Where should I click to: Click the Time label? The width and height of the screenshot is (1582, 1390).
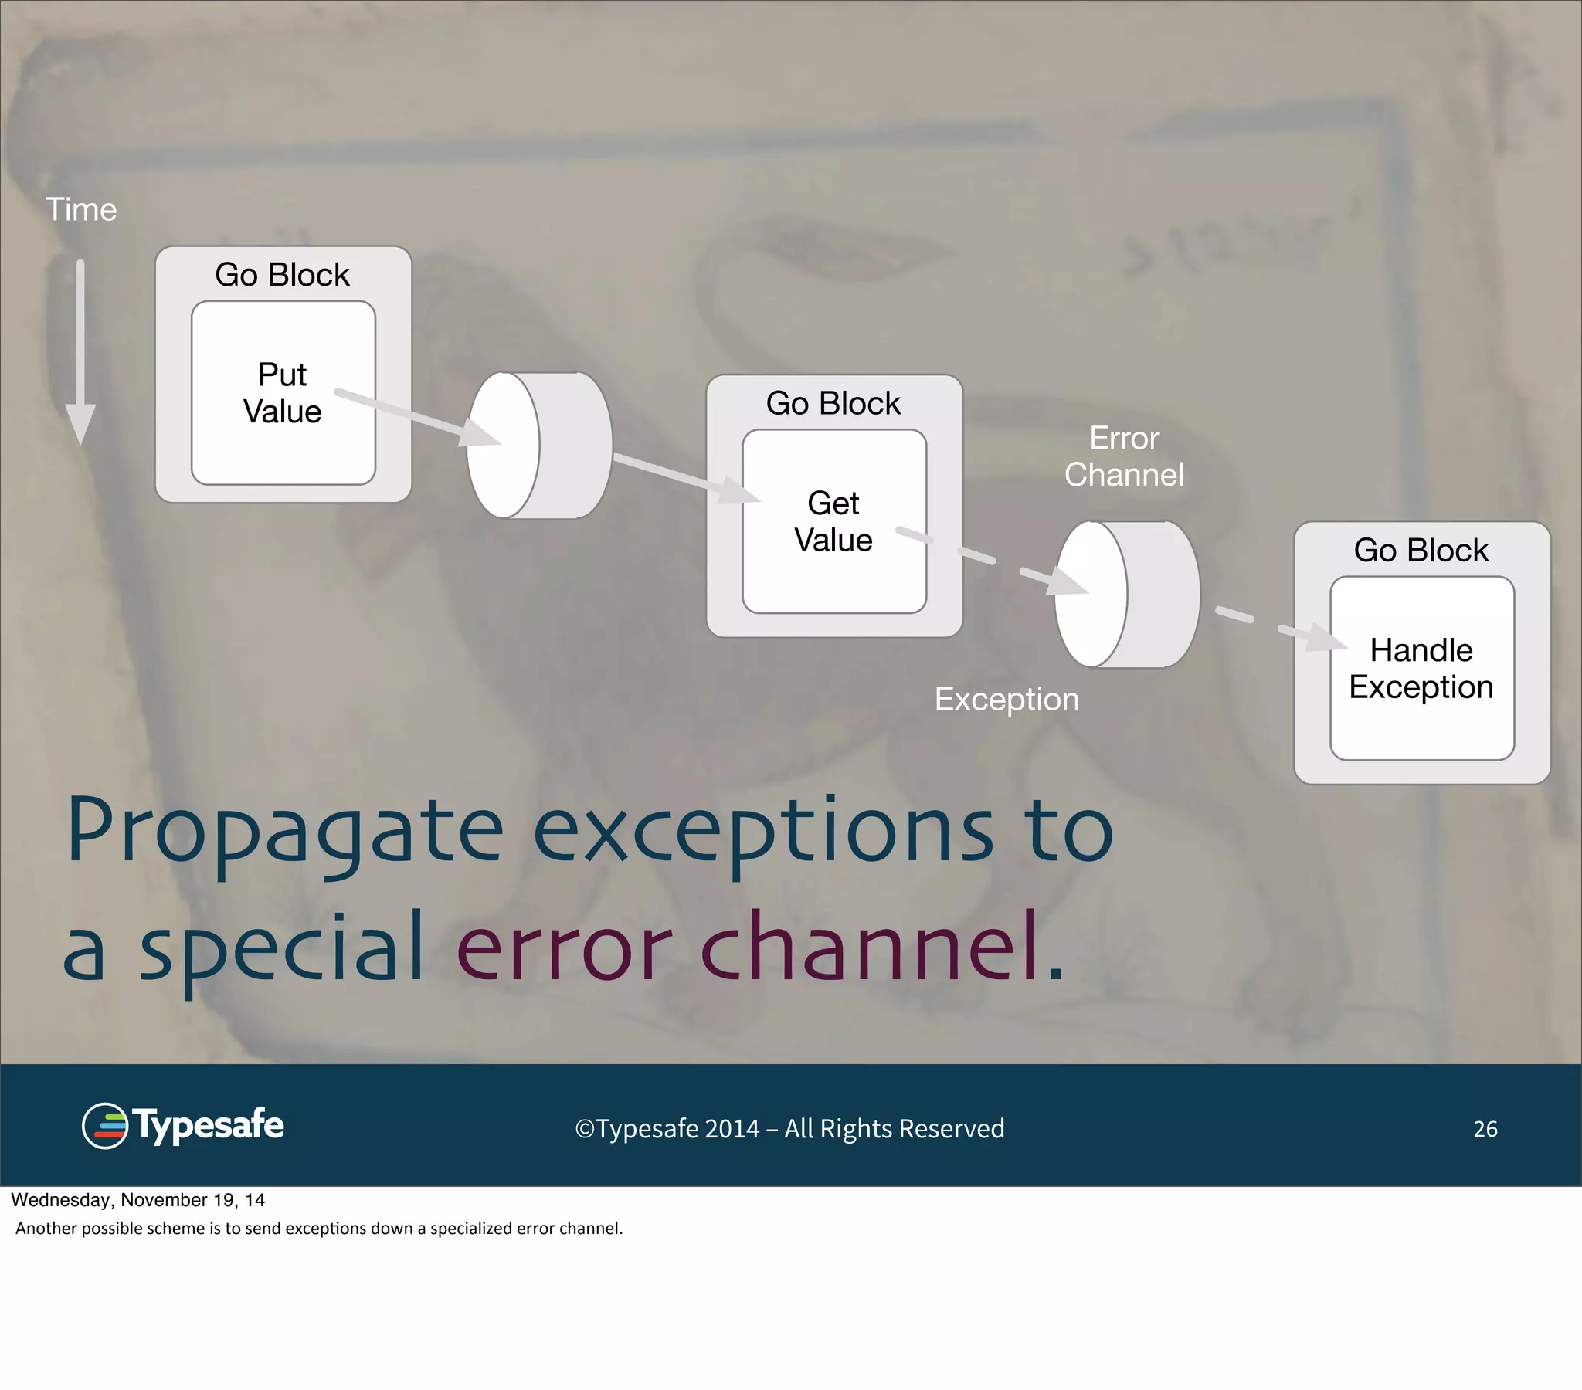[81, 210]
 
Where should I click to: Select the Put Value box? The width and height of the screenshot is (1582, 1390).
[283, 393]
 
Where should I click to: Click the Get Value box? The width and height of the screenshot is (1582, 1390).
[833, 522]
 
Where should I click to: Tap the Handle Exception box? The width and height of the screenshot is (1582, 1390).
[1422, 668]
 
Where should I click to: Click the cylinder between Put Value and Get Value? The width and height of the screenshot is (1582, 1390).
[539, 445]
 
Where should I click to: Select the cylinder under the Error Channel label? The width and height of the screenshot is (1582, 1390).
[1127, 594]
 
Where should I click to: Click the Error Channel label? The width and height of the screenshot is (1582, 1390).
[1124, 456]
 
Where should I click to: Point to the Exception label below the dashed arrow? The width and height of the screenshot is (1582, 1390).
[1007, 700]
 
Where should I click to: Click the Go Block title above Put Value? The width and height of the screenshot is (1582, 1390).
[283, 275]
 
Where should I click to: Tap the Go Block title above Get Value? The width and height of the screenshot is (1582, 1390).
[833, 403]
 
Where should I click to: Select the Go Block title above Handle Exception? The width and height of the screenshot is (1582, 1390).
[1421, 551]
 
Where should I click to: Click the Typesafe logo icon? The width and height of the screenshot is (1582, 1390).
[105, 1126]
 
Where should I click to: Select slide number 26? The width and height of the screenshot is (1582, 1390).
[1485, 1129]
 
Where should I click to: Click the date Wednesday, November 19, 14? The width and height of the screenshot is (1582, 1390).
[137, 1200]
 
